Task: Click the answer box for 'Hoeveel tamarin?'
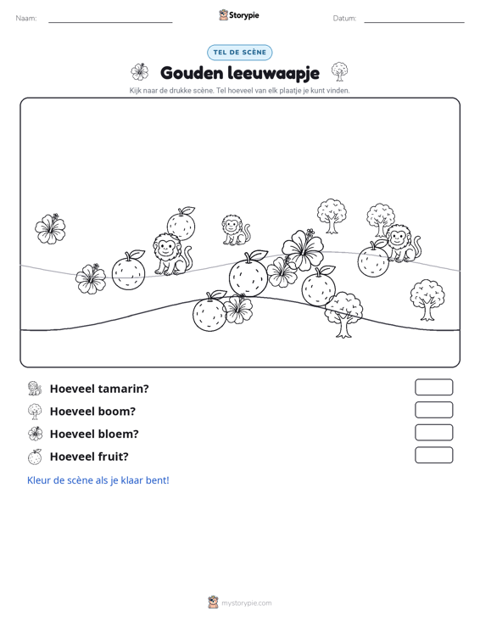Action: click(x=433, y=387)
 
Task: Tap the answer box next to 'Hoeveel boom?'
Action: click(x=433, y=410)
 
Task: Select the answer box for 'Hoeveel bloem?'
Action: click(x=433, y=433)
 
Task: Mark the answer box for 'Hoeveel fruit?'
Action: click(x=433, y=455)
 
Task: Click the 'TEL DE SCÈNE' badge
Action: click(x=240, y=53)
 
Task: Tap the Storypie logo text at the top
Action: click(x=243, y=15)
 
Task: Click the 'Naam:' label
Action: click(x=26, y=19)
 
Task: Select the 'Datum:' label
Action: click(x=344, y=19)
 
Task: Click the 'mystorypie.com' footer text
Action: click(x=247, y=603)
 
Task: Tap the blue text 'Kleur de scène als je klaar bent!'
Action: click(x=98, y=480)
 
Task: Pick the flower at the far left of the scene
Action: click(x=50, y=228)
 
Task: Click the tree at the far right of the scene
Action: click(x=427, y=300)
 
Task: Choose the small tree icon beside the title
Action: click(x=340, y=72)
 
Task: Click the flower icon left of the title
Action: click(x=140, y=72)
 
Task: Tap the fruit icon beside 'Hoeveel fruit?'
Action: click(x=35, y=457)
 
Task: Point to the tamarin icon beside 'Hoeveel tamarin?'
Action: click(x=35, y=389)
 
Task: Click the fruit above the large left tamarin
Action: click(x=181, y=223)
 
